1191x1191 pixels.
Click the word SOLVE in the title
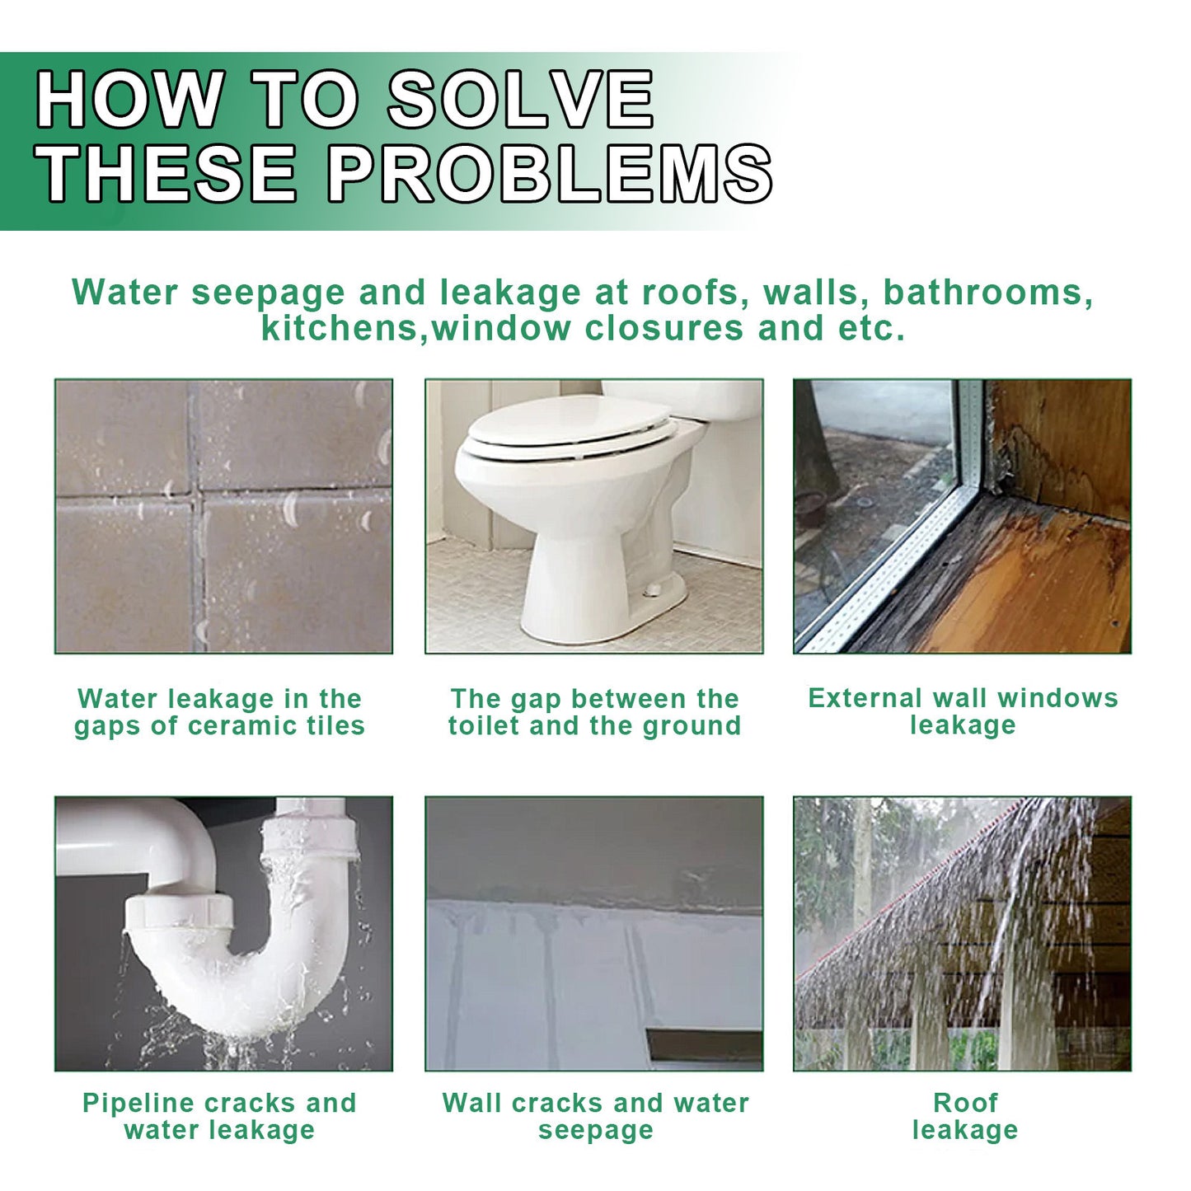tap(520, 99)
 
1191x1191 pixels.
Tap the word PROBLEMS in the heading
tap(550, 174)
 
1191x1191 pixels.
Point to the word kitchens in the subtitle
tap(340, 327)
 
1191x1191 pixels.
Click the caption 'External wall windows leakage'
tap(963, 711)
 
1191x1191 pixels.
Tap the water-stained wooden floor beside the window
tap(1020, 581)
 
